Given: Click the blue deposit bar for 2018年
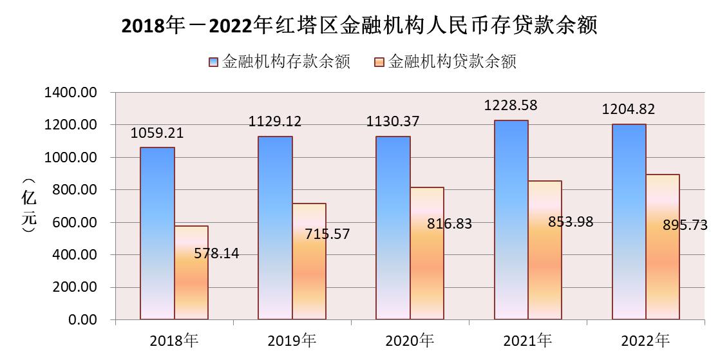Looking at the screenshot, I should click(x=157, y=233).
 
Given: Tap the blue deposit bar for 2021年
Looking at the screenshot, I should click(x=511, y=220).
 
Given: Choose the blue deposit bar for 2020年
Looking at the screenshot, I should click(x=393, y=228).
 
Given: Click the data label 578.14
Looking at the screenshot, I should click(x=216, y=254).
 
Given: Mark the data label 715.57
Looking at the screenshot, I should click(x=327, y=234).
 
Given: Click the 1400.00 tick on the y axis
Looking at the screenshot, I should click(x=70, y=93).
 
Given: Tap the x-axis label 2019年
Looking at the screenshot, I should click(x=292, y=339).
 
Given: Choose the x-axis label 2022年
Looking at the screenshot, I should click(x=645, y=339).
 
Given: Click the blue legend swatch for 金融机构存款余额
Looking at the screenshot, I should click(x=214, y=62).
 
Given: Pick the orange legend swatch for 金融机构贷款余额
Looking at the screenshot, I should click(x=379, y=62).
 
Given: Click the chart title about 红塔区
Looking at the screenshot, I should click(x=359, y=26).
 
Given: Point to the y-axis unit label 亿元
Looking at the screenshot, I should click(x=29, y=206).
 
